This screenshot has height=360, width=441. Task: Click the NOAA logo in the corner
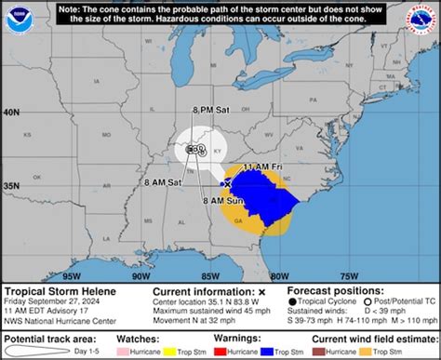(x=16, y=17)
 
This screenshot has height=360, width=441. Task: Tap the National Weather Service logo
(x=425, y=17)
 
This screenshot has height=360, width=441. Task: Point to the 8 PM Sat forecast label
(x=210, y=110)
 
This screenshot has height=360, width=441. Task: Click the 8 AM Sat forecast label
(x=162, y=183)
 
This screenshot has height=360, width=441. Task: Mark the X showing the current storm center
(x=227, y=185)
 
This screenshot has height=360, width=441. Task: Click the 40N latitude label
(x=12, y=113)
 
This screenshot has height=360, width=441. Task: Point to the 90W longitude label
(x=141, y=276)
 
